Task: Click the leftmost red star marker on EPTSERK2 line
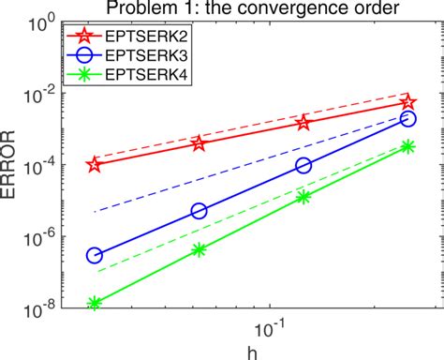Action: pos(94,164)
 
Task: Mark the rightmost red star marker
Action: pos(407,102)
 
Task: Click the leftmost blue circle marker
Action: pos(94,255)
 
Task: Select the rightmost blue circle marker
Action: pos(407,119)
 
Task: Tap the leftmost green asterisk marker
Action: pos(94,303)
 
